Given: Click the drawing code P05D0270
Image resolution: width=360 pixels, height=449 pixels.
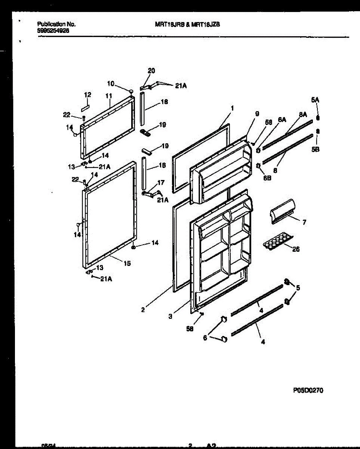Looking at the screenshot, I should pyautogui.click(x=308, y=390).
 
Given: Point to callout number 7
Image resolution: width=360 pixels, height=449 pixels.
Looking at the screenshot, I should pyautogui.click(x=304, y=223).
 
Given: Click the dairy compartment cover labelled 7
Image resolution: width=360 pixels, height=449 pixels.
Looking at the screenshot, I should pyautogui.click(x=281, y=212).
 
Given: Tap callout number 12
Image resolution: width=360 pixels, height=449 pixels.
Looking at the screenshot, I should pyautogui.click(x=87, y=95).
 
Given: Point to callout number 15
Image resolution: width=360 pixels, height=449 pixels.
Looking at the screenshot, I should pyautogui.click(x=127, y=263).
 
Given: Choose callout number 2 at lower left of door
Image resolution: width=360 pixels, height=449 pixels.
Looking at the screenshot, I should pyautogui.click(x=143, y=310).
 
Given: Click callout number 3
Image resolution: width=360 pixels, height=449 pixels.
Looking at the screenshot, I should pyautogui.click(x=170, y=317).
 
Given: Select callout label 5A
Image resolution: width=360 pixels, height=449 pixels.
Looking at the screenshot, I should pyautogui.click(x=316, y=100).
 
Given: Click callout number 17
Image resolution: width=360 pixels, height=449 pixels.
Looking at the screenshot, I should pyautogui.click(x=161, y=183).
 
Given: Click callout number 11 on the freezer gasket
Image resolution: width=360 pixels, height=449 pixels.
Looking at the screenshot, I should pyautogui.click(x=108, y=96).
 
